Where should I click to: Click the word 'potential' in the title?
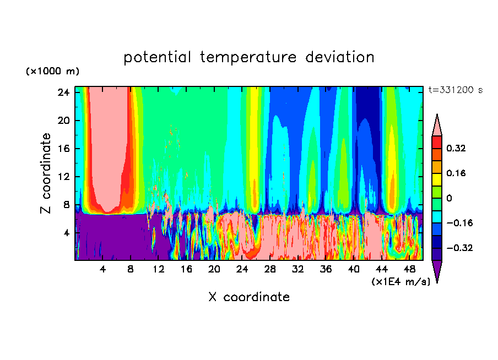[159, 57]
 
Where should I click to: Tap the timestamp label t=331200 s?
[455, 90]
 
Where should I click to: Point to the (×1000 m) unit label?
[52, 72]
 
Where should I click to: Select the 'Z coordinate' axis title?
[46, 173]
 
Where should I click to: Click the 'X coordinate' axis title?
[249, 297]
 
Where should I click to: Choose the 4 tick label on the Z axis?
[65, 233]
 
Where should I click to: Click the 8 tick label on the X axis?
[131, 269]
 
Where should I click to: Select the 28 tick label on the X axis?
[270, 269]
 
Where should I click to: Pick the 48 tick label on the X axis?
[409, 269]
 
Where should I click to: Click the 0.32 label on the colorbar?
[456, 148]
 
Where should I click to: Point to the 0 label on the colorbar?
[450, 198]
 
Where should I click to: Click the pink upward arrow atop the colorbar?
[437, 125]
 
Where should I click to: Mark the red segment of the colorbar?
[437, 142]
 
